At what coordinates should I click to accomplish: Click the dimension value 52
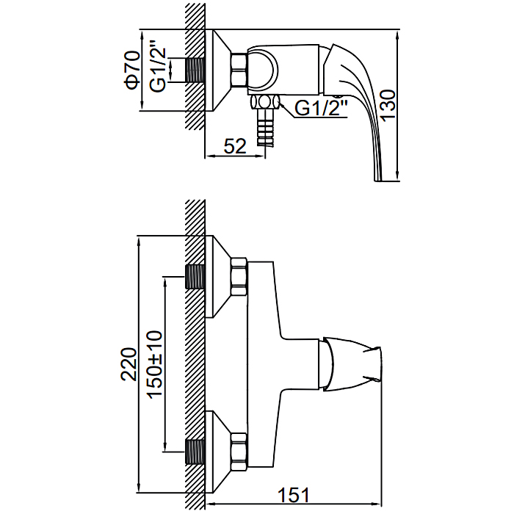[234, 146]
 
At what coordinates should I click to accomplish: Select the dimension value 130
[388, 105]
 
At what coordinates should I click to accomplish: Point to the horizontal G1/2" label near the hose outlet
[320, 109]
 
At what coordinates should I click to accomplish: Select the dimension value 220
[129, 363]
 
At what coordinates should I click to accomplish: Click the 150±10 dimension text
[155, 363]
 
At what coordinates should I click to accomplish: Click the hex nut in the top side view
[240, 71]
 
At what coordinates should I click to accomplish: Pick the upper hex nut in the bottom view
[240, 276]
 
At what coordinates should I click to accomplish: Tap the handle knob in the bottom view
[351, 364]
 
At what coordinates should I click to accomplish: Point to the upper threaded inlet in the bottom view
[195, 276]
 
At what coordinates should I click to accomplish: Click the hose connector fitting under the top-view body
[265, 103]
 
